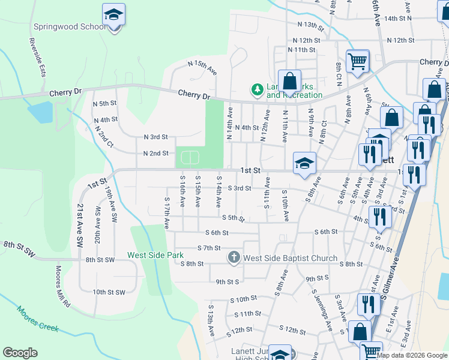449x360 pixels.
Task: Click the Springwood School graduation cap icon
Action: click(x=113, y=16)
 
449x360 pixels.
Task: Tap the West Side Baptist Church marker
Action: click(x=234, y=258)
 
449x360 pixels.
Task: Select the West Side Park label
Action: click(x=155, y=255)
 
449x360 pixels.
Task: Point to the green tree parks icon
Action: click(x=258, y=89)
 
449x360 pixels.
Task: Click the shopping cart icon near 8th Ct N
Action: click(x=357, y=61)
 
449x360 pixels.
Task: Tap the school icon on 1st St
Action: click(x=304, y=163)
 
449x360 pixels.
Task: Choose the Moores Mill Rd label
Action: click(x=63, y=287)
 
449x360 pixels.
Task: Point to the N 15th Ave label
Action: click(x=202, y=67)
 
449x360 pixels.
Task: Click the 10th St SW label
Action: click(x=109, y=292)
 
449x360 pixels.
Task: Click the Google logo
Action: click(x=20, y=353)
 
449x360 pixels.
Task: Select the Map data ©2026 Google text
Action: click(x=412, y=355)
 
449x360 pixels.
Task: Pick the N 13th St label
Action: click(x=310, y=25)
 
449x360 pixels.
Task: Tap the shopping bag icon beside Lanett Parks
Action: click(x=289, y=81)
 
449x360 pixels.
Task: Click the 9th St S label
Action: click(x=228, y=281)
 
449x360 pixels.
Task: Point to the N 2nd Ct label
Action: click(x=103, y=136)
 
